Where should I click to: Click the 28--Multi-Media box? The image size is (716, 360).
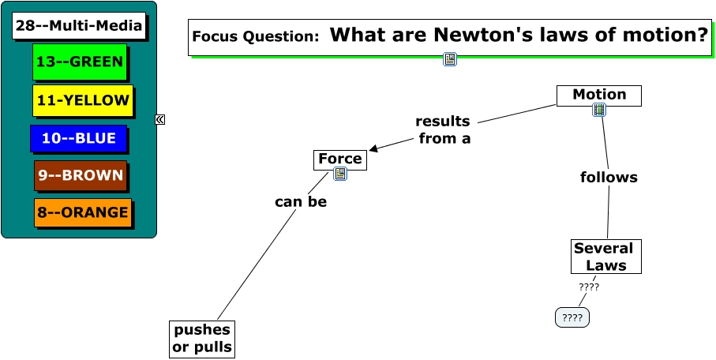tap(79, 26)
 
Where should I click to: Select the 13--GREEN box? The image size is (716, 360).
tap(80, 62)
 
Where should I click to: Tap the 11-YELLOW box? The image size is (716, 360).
tap(82, 100)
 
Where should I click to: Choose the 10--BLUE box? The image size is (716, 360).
tap(78, 139)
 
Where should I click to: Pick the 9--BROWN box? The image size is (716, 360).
tap(81, 175)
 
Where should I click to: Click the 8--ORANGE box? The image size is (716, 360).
tap(82, 212)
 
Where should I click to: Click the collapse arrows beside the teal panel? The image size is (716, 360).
tap(160, 119)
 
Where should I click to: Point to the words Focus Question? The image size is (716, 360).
tap(255, 36)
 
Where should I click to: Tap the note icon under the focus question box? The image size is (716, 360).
tap(450, 59)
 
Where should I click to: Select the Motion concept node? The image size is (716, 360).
tap(599, 95)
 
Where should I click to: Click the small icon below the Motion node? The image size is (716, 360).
tap(599, 111)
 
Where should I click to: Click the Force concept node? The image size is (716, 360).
tap(340, 159)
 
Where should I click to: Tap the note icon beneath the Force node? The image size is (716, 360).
tap(340, 174)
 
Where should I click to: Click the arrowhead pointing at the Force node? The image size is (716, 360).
tap(373, 148)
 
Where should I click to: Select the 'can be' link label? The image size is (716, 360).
tap(301, 202)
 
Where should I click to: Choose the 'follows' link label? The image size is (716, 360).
tap(609, 178)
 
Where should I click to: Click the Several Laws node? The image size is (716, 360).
tap(605, 257)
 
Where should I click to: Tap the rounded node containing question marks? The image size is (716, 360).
tap(572, 318)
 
